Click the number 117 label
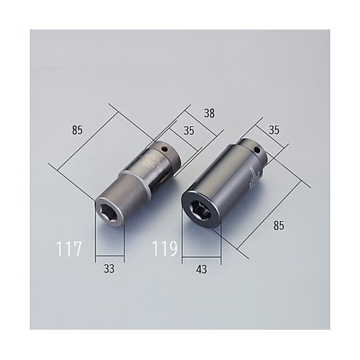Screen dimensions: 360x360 pos(69,250)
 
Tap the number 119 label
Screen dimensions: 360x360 pos(164,250)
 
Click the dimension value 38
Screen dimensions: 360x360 pos(210,113)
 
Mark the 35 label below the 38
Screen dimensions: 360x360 pos(189,131)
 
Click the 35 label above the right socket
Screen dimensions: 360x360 pos(273,131)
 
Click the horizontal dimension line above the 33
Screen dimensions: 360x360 pos(108,256)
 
